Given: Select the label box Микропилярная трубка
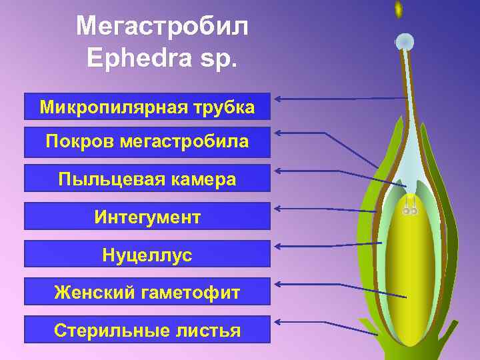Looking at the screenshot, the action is (147, 107).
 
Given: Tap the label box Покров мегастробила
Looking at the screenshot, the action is (147, 141).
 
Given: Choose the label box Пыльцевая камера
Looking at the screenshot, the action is (147, 179).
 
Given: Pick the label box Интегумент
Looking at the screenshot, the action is (147, 217).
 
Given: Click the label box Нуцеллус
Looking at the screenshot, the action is (147, 255).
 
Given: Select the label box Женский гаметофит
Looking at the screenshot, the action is (147, 292).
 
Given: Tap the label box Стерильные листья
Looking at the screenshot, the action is (147, 330).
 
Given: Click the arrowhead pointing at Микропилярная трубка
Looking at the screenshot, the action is (279, 99).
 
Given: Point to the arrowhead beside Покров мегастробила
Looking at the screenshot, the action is (279, 133).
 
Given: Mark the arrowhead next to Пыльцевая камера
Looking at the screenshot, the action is (279, 171).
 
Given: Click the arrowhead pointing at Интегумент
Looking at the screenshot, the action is (279, 208).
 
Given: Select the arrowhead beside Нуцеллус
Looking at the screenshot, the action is (279, 246).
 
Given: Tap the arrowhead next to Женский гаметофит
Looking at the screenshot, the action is (279, 285).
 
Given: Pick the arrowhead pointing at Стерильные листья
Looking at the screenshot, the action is (279, 322).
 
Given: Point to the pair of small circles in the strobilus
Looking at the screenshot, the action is (409, 211).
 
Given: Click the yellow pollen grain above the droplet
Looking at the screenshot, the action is (399, 9).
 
